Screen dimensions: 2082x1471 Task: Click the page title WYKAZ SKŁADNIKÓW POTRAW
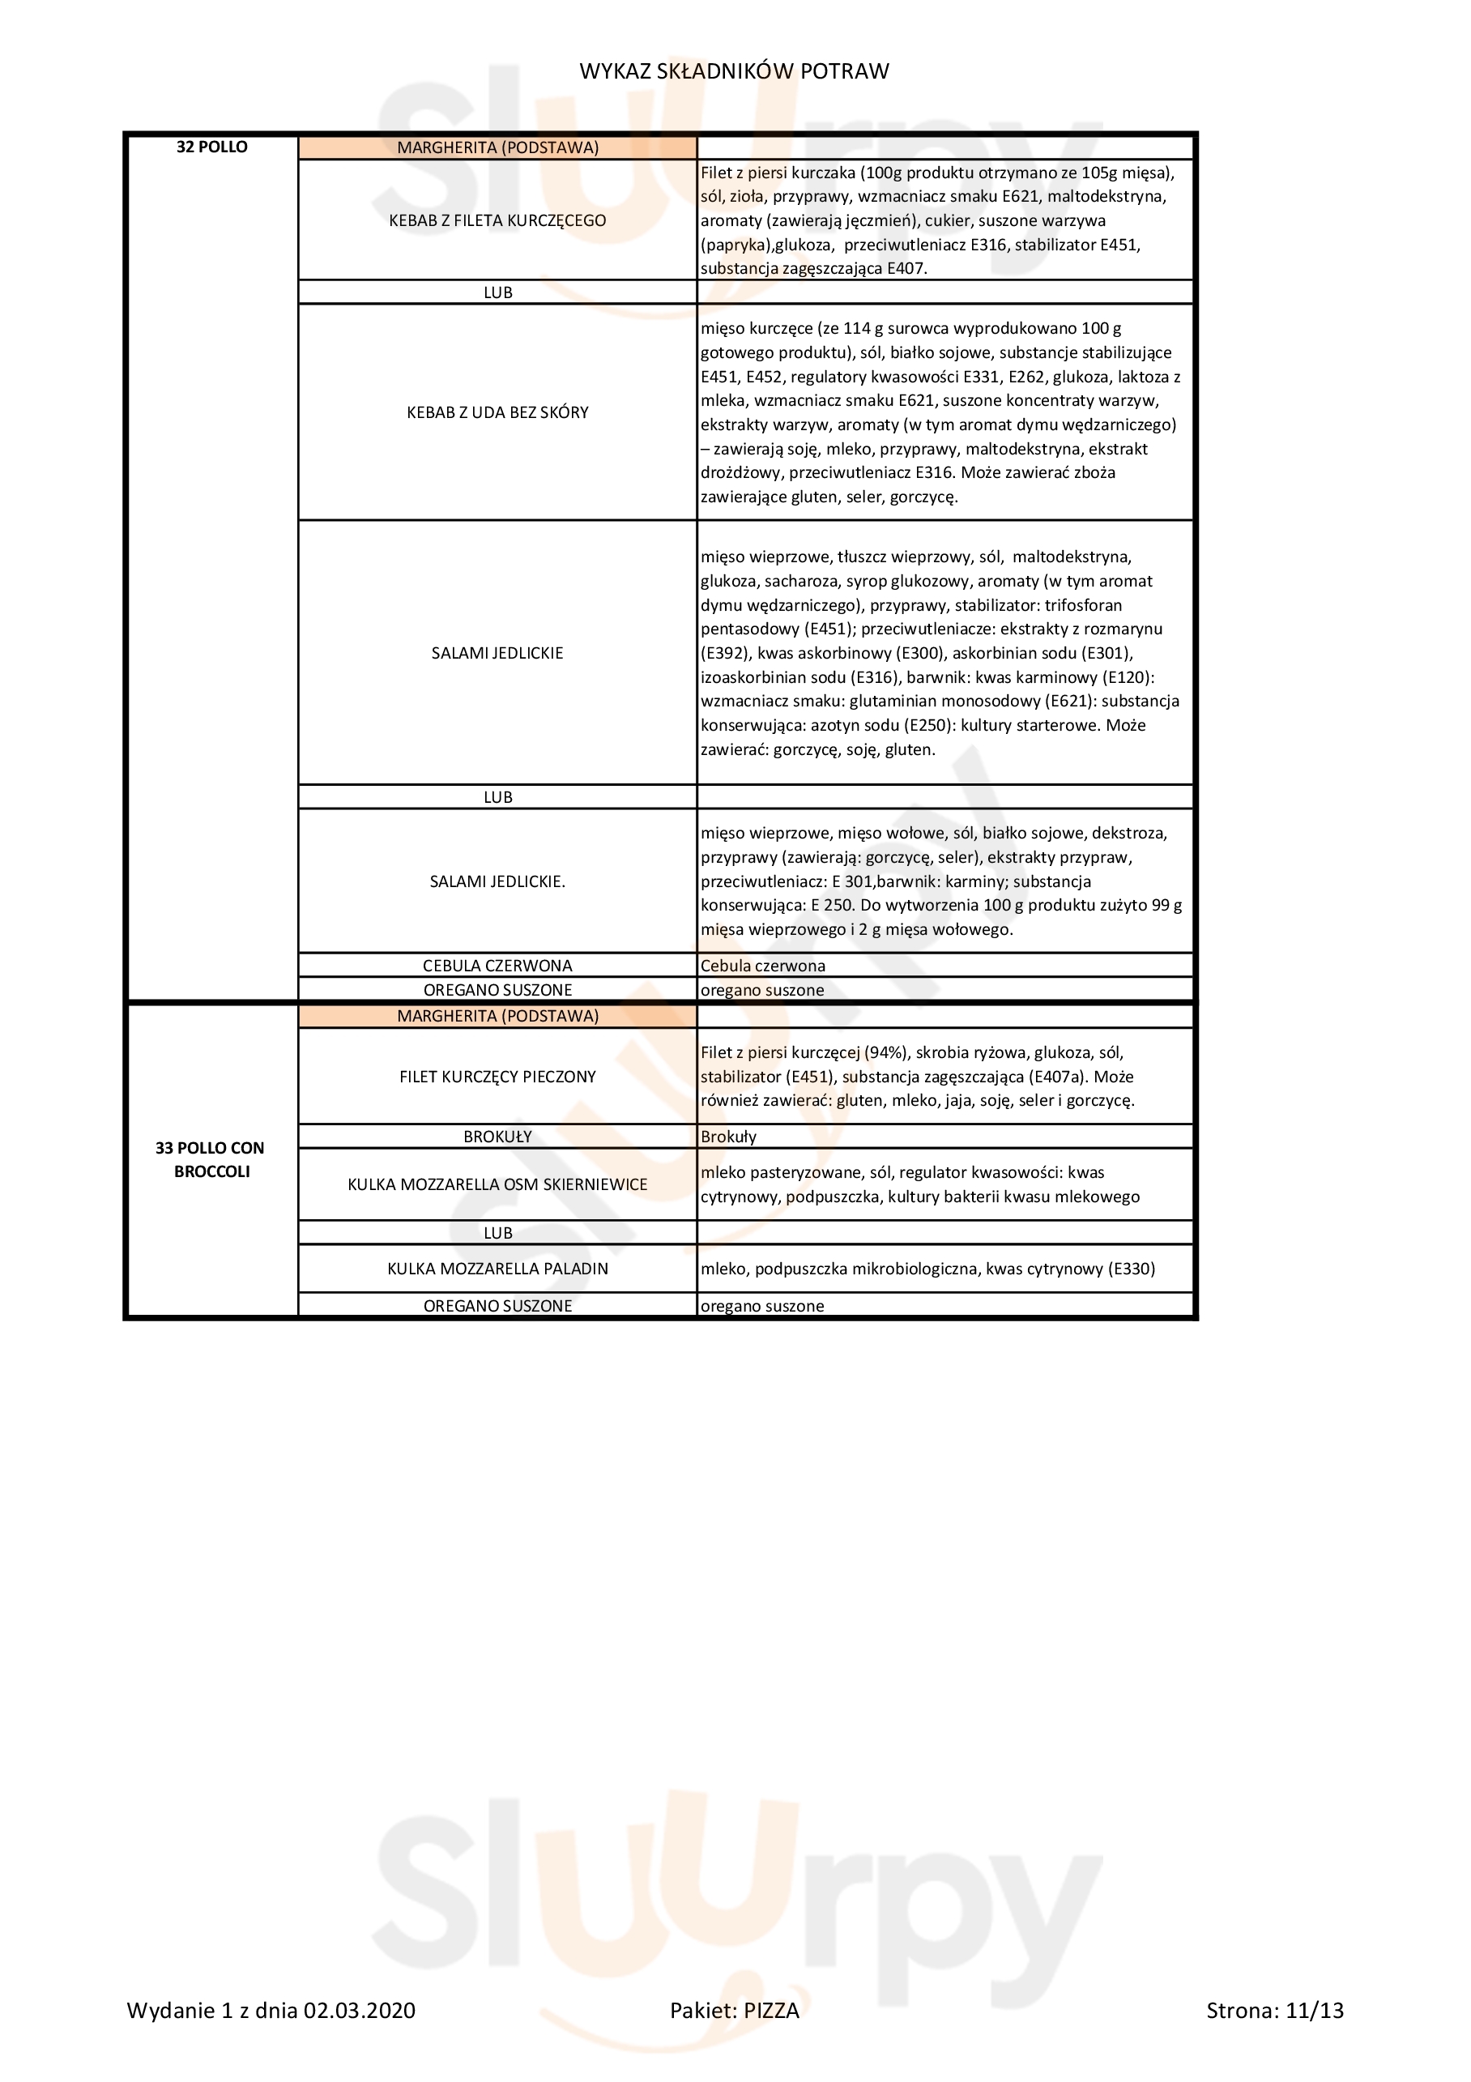click(x=734, y=70)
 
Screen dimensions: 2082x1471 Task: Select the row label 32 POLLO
click(x=211, y=147)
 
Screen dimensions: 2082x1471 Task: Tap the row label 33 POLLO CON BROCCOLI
click(x=211, y=1159)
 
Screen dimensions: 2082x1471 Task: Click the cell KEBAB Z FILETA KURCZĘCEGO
click(x=497, y=220)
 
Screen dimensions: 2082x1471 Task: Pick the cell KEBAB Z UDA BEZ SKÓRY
click(x=497, y=412)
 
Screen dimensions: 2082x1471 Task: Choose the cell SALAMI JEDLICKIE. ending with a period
click(x=497, y=881)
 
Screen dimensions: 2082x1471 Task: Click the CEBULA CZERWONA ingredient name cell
click(x=497, y=966)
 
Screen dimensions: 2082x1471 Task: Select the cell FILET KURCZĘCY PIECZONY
click(x=497, y=1077)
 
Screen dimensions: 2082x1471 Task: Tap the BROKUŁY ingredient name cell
click(x=497, y=1137)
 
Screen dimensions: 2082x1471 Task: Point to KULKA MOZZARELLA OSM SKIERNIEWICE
click(x=497, y=1184)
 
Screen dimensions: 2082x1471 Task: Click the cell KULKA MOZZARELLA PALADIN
click(x=497, y=1269)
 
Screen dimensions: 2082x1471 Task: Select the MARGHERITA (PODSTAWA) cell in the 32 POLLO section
click(x=497, y=147)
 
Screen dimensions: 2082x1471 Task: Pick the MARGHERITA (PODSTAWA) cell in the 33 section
click(x=497, y=1017)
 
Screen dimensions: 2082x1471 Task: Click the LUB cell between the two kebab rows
click(x=497, y=293)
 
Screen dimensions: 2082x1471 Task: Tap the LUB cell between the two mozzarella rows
click(x=497, y=1233)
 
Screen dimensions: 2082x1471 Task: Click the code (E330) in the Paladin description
click(x=1130, y=1269)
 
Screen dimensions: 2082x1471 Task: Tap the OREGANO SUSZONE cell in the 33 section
click(x=497, y=1306)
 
